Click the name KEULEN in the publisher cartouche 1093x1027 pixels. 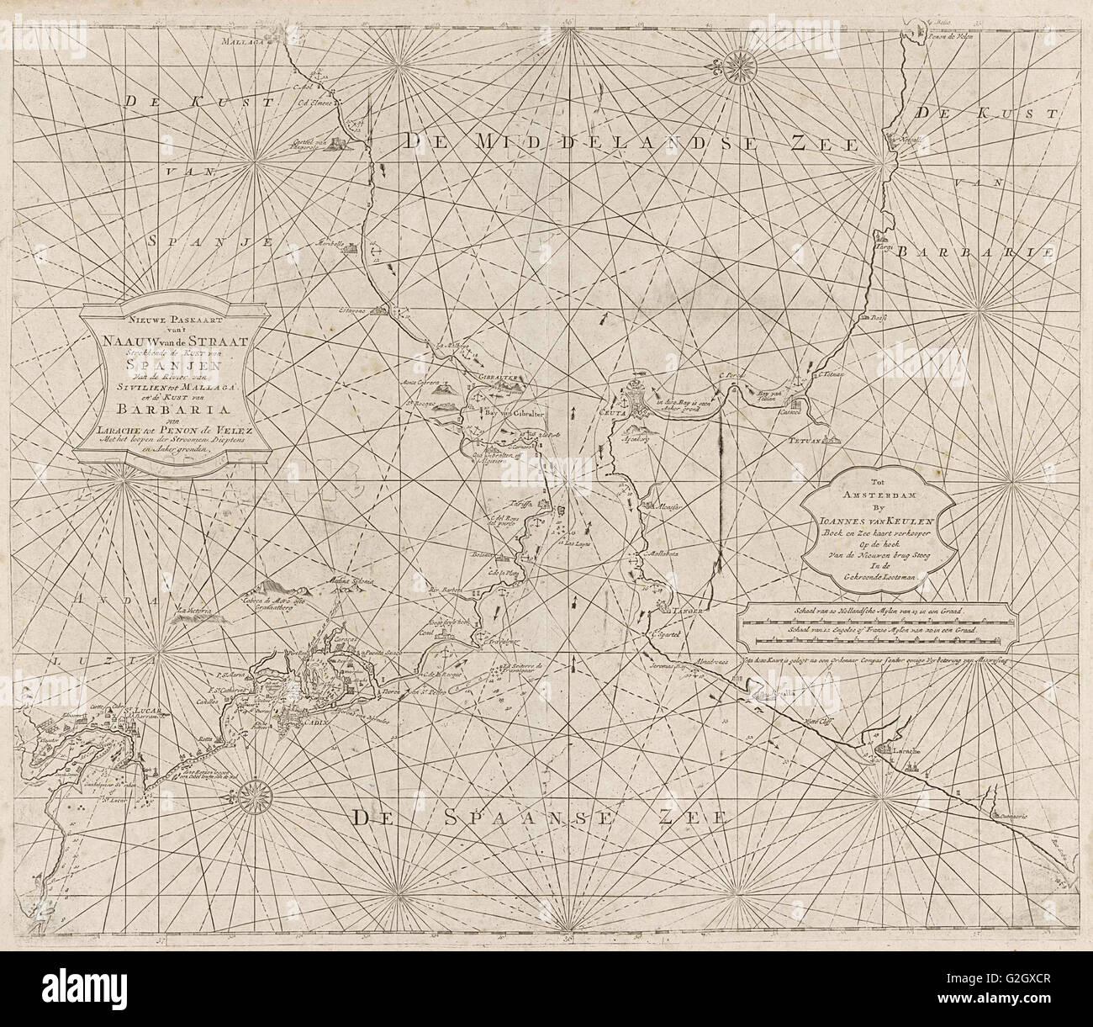920,521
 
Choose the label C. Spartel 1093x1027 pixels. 664,634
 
